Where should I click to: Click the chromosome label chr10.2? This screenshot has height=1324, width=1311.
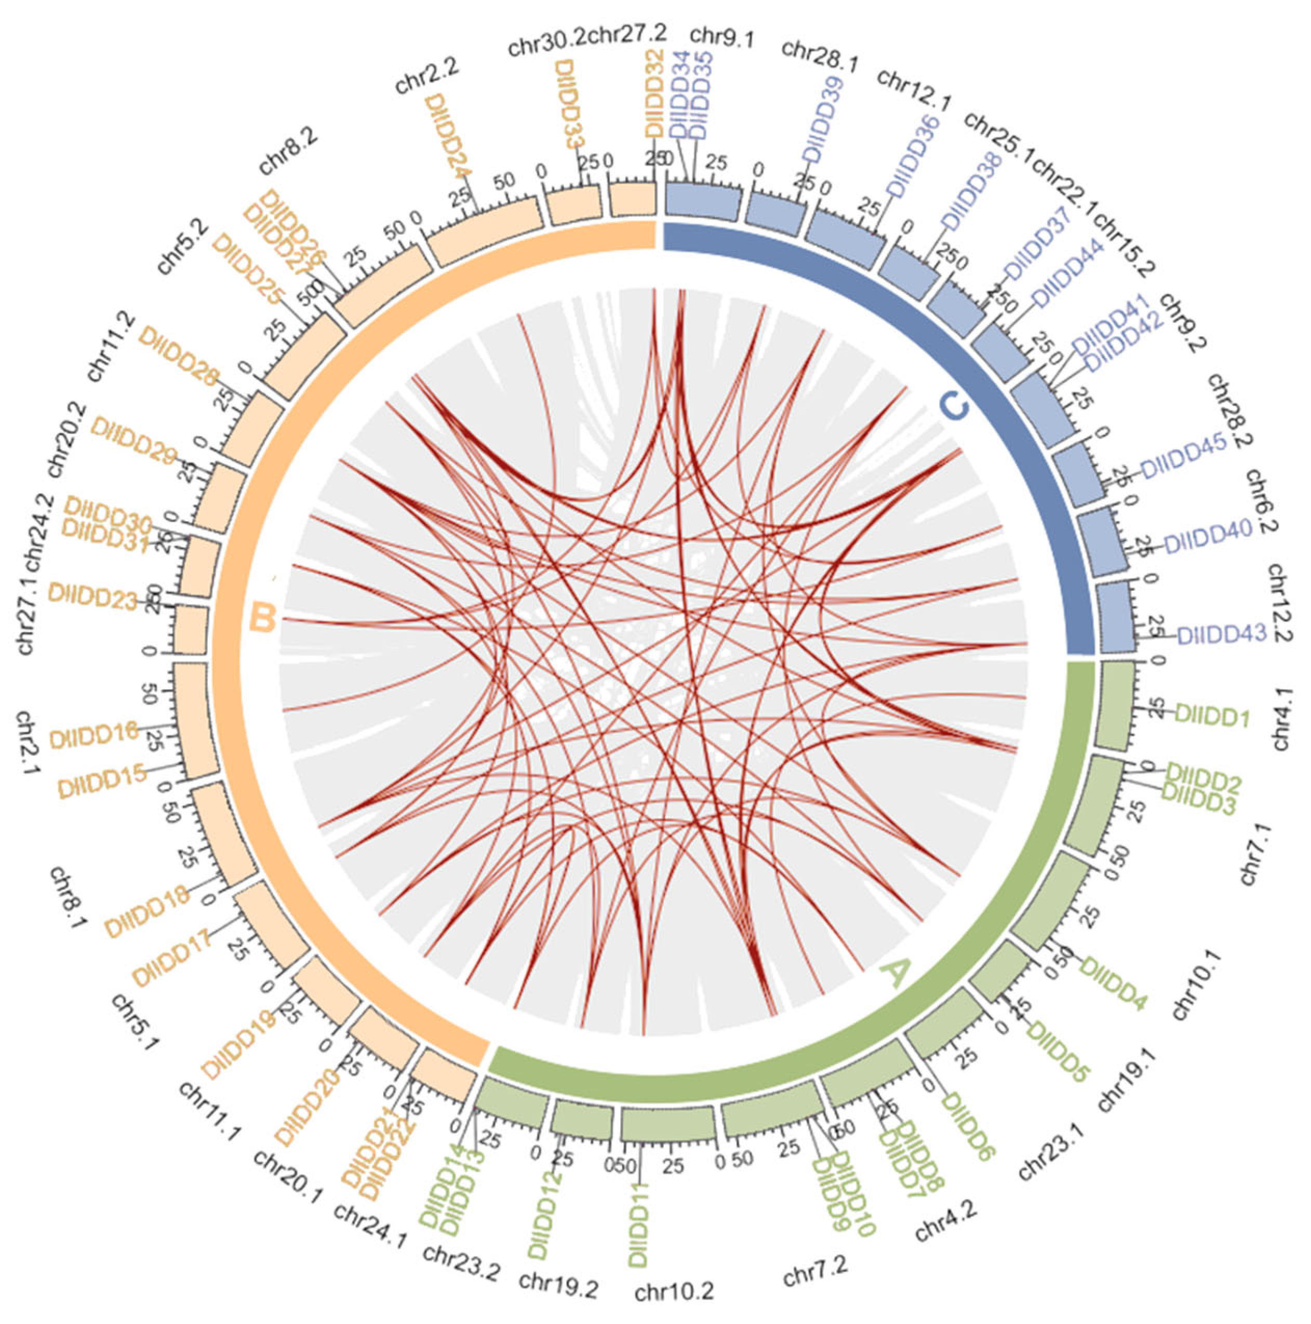point(674,1292)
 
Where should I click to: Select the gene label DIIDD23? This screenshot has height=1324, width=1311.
point(92,595)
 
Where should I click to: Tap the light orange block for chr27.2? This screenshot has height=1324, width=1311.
point(632,199)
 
